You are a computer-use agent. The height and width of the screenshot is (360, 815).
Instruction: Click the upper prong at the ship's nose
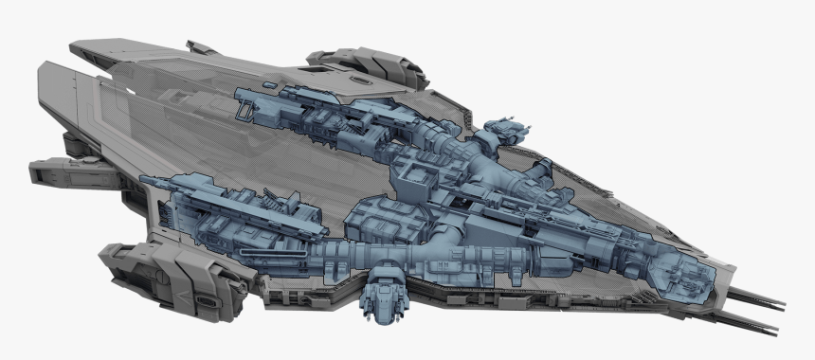[x=763, y=300]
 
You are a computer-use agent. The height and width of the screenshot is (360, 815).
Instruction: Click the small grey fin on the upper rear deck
[x=202, y=47]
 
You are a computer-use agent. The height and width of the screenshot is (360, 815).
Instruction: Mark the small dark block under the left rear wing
[x=72, y=143]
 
